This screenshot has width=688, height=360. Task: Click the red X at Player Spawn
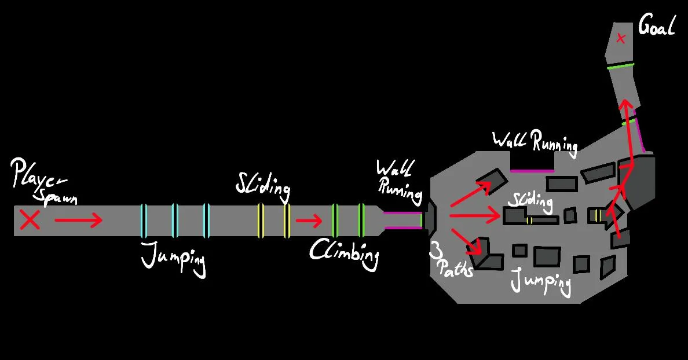click(x=30, y=220)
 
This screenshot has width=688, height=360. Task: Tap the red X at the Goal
click(x=621, y=39)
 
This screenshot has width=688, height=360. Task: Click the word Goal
click(x=656, y=25)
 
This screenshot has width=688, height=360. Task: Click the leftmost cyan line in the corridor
click(x=144, y=221)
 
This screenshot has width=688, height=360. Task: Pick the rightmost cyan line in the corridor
click(x=205, y=221)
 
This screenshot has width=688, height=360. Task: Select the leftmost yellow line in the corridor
click(x=261, y=221)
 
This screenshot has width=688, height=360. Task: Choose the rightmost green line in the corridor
click(x=361, y=220)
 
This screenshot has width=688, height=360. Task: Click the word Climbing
click(x=344, y=253)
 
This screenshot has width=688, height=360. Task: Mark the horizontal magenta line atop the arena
click(x=532, y=171)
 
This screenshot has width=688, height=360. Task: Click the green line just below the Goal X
click(x=620, y=67)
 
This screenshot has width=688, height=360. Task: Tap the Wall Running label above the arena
click(x=535, y=142)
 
